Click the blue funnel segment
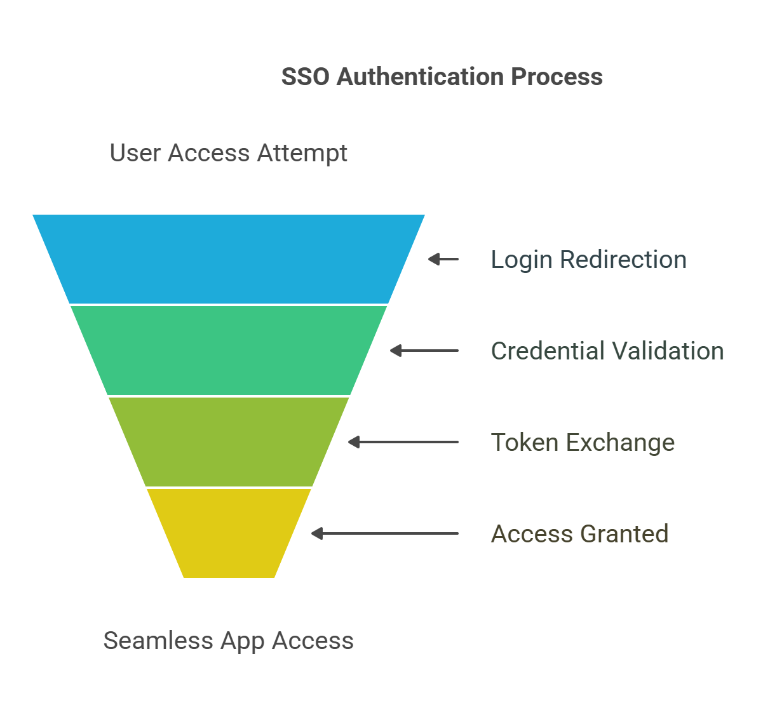click(229, 259)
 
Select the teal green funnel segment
click(229, 350)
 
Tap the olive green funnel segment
click(229, 441)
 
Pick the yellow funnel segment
click(229, 533)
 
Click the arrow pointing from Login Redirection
click(443, 259)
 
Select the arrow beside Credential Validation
click(424, 351)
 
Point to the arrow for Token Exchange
click(403, 442)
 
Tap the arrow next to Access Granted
click(384, 533)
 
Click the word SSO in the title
click(306, 77)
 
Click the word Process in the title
click(557, 77)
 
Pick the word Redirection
click(623, 260)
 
